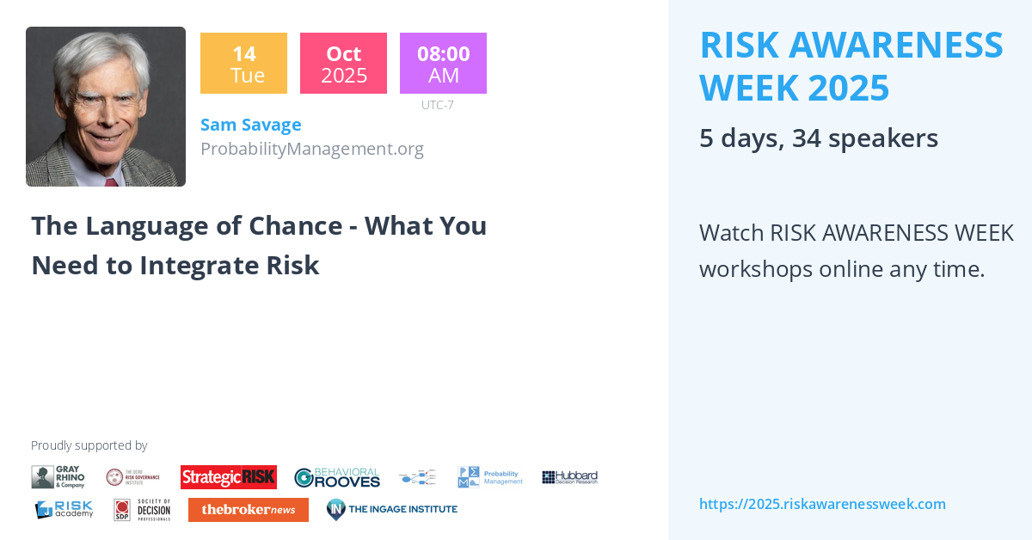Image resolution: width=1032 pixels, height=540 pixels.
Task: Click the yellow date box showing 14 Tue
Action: [x=243, y=64]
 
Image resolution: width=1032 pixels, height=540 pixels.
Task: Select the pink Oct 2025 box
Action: [x=343, y=64]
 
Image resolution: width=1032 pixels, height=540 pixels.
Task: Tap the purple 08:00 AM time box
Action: [x=443, y=64]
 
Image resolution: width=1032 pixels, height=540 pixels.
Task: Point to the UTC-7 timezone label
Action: [x=437, y=105]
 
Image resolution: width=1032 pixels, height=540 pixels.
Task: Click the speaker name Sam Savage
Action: [x=250, y=125]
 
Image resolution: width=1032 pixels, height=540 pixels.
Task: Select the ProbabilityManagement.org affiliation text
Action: [x=311, y=149]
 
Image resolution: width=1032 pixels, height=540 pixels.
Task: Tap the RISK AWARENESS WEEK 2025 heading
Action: [x=851, y=66]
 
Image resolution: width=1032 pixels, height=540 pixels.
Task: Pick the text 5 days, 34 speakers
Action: [x=818, y=138]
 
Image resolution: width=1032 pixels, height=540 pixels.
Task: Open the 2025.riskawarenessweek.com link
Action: [x=821, y=504]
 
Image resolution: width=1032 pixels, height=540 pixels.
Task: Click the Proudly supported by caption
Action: [x=89, y=445]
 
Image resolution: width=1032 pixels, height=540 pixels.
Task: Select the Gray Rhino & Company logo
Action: [x=58, y=477]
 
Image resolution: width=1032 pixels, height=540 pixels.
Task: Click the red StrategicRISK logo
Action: [x=228, y=477]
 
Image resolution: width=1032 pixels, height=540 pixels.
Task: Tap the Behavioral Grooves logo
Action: [x=336, y=477]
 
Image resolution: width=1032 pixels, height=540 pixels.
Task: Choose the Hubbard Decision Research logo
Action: [x=569, y=477]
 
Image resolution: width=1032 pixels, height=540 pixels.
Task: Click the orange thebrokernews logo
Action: [x=248, y=510]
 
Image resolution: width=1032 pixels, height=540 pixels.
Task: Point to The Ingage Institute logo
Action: [x=391, y=510]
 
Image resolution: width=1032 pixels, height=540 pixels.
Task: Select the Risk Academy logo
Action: [x=64, y=510]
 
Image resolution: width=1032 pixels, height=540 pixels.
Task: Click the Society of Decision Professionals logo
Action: [x=142, y=510]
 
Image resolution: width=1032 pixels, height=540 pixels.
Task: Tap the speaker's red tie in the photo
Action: [x=111, y=182]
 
